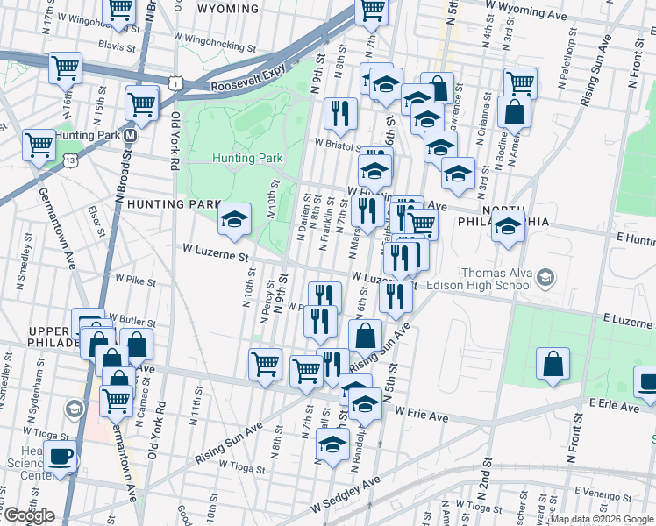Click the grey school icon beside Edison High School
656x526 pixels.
pos(545,279)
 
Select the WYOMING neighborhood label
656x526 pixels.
pos(228,9)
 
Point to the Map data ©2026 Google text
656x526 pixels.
pos(602,519)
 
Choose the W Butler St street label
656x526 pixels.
pos(132,323)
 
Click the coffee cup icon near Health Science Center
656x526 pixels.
pos(61,456)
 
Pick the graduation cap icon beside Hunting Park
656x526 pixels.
pos(234,220)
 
